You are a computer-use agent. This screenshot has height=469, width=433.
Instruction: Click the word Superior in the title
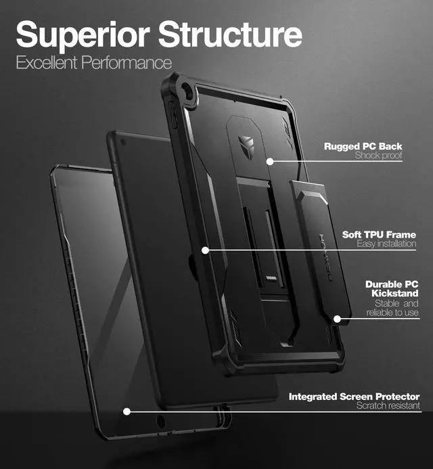click(x=82, y=35)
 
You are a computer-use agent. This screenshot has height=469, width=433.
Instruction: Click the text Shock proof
click(x=378, y=156)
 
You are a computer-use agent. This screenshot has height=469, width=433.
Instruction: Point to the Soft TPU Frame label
click(x=379, y=234)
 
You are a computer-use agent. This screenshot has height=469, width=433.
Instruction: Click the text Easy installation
click(x=386, y=244)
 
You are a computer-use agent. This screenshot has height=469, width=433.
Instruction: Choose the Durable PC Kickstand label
click(x=392, y=289)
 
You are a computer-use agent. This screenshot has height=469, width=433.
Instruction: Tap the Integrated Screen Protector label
click(x=354, y=397)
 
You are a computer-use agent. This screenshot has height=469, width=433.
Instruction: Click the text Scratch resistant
click(x=388, y=406)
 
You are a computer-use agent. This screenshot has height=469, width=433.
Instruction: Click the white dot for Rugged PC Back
click(x=269, y=161)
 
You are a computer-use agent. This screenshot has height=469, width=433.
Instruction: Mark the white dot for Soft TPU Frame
click(x=205, y=250)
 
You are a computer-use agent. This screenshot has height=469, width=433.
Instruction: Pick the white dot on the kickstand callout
click(x=336, y=318)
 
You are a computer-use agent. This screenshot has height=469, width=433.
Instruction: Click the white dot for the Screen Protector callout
click(x=127, y=411)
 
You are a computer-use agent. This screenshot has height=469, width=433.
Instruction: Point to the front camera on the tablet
click(x=122, y=143)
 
